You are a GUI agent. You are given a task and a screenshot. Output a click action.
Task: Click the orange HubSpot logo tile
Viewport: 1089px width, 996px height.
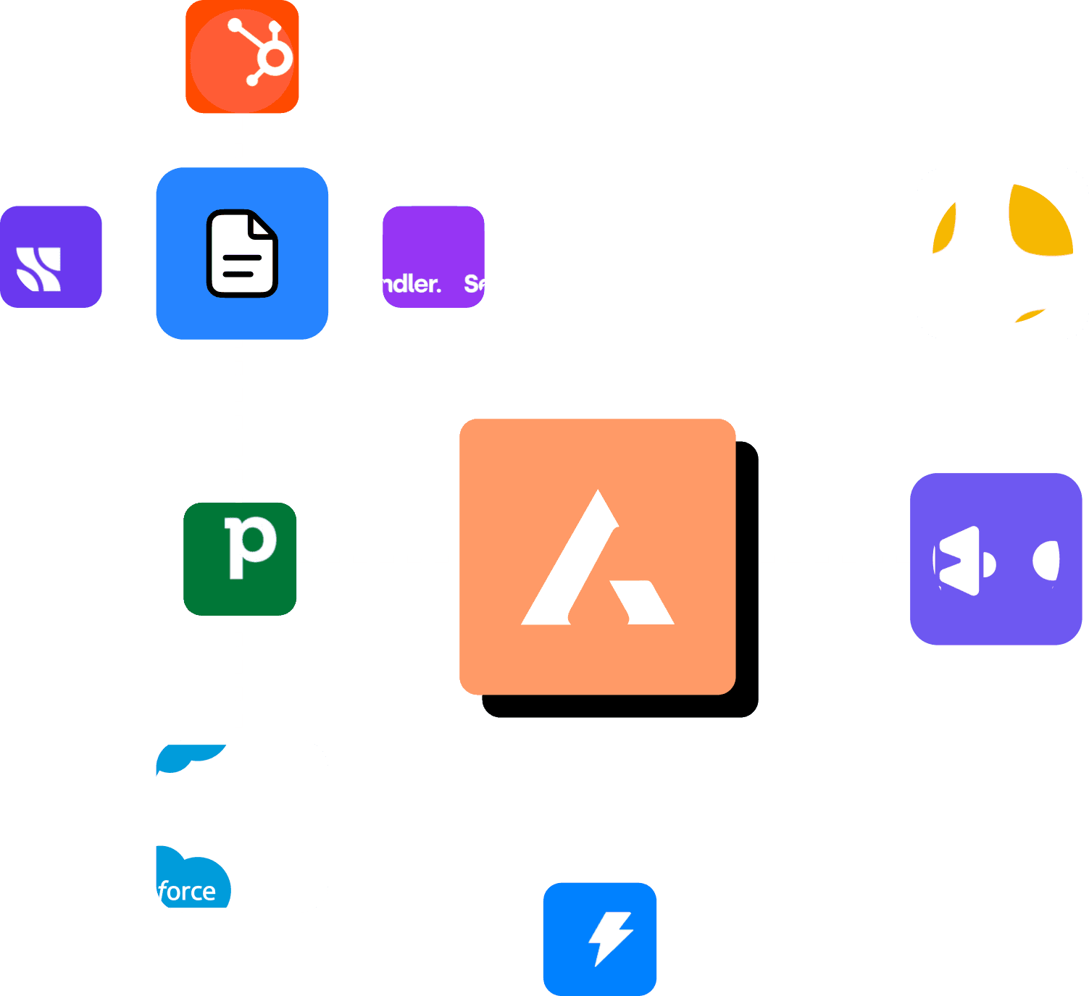pos(242,57)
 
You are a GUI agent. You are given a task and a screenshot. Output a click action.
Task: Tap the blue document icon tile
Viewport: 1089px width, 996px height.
pos(242,254)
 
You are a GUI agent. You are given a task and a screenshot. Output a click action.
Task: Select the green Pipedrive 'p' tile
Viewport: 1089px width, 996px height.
pos(240,559)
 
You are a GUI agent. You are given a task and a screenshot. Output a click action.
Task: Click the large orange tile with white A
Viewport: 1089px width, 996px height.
pos(597,556)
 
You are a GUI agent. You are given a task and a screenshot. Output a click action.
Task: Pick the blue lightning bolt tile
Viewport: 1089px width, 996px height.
pos(600,938)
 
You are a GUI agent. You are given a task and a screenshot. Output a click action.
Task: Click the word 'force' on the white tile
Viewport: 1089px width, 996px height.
pos(188,891)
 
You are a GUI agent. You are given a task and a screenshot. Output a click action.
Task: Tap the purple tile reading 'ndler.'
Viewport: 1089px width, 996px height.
pos(433,257)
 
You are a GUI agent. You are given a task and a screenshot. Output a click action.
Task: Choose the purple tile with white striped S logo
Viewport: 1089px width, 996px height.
pos(51,257)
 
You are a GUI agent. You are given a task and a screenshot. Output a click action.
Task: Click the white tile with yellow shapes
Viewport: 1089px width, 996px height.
pos(1002,254)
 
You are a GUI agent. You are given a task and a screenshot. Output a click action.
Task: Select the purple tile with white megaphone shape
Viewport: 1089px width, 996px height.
pos(996,559)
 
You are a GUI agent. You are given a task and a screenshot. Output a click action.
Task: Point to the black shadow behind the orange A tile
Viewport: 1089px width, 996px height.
pos(748,579)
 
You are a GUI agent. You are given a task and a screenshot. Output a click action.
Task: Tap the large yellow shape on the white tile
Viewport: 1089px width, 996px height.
pos(1040,221)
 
